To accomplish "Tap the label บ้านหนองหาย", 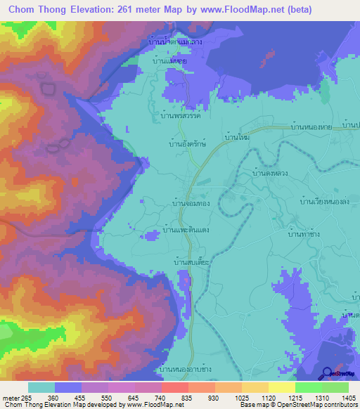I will click(314, 128).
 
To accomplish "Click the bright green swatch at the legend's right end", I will click(335, 387).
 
